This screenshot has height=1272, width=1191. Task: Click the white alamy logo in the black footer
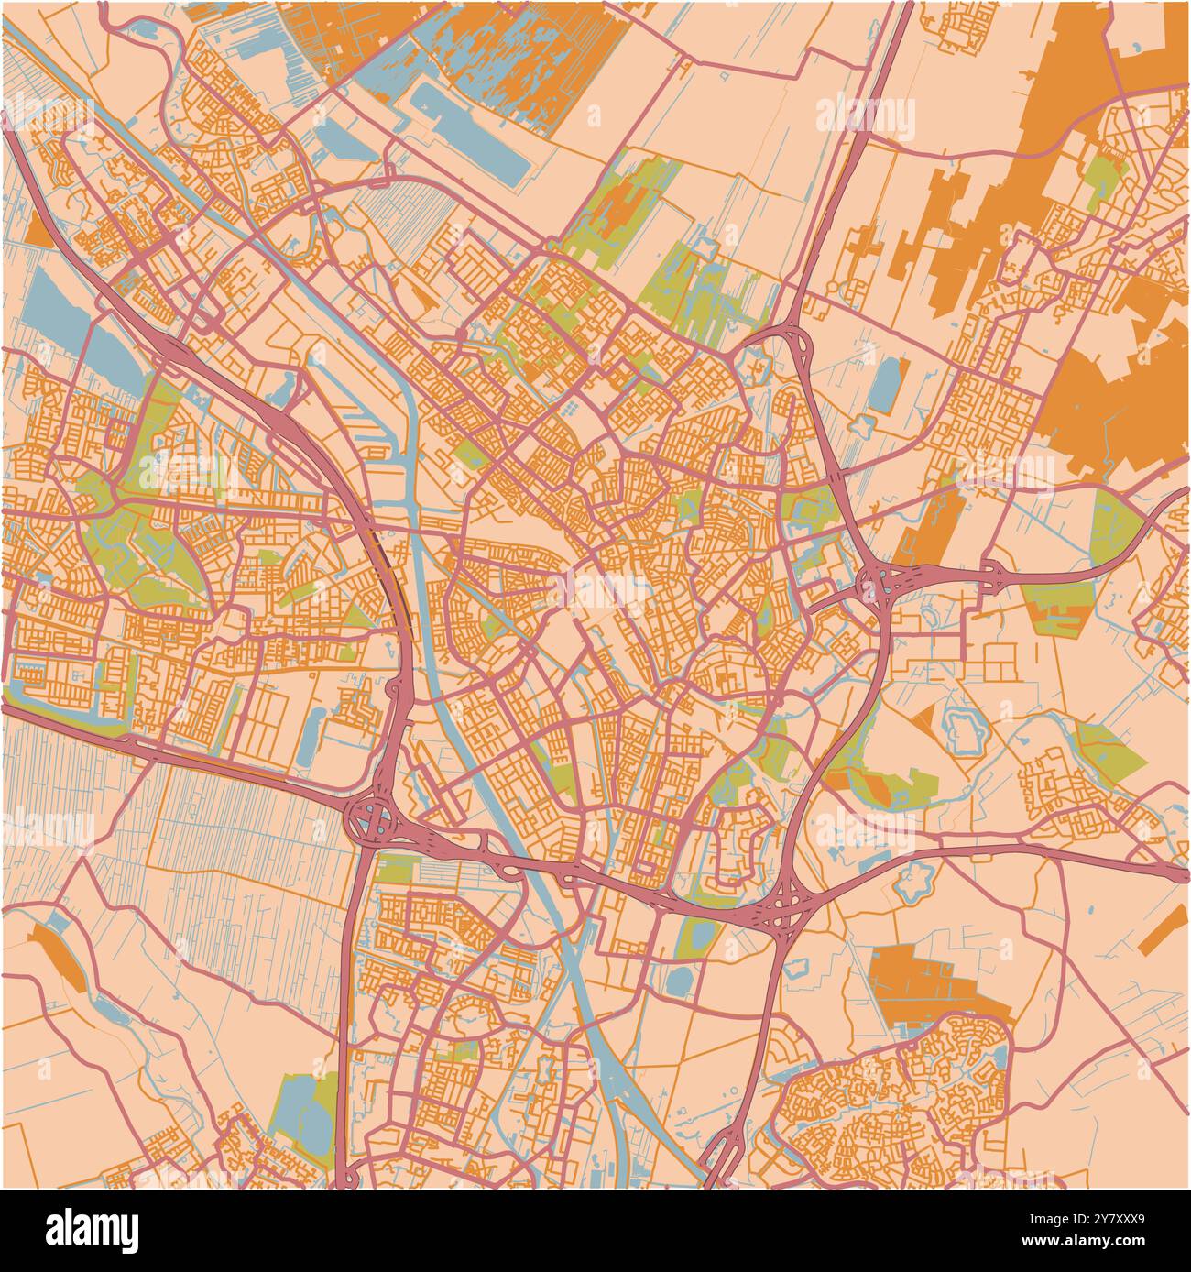[x=92, y=1229]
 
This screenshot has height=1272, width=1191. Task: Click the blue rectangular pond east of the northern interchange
[x=887, y=385]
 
